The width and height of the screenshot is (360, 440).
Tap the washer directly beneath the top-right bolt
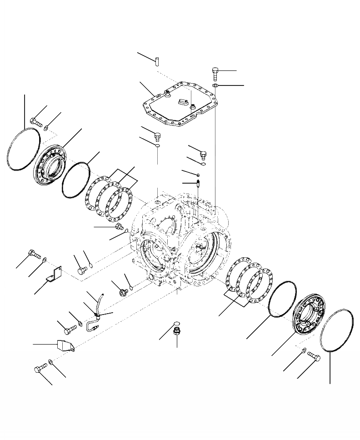216,85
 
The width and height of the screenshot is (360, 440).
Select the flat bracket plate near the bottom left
65,345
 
